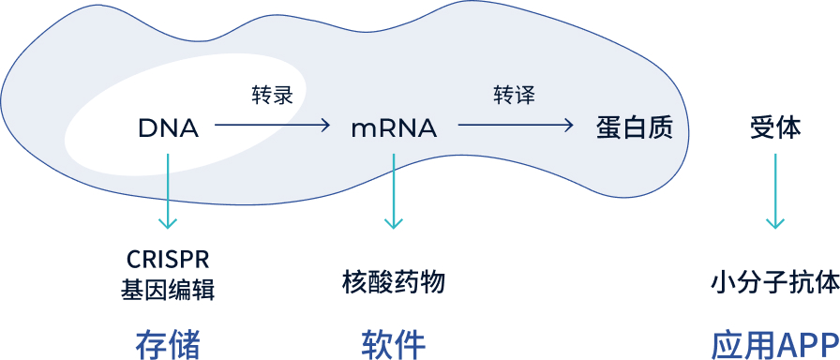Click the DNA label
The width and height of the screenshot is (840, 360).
pos(168,128)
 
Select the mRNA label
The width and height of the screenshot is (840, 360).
pos(394,128)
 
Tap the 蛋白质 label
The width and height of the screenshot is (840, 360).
pos(635,127)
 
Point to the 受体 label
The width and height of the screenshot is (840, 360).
pos(775,127)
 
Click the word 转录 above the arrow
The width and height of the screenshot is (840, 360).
pos(272,96)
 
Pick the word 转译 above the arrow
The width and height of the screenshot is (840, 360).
pos(515,96)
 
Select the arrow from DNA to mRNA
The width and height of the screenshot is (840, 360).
pos(273,125)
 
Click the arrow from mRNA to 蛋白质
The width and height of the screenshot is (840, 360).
pos(515,125)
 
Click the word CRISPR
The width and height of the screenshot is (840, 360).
pos(168,258)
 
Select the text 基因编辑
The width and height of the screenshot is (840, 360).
pos(168,290)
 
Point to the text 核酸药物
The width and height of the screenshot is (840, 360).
pos(394,281)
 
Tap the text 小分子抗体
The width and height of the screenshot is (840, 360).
pos(775,281)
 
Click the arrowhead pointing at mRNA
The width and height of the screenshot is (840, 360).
pos(325,125)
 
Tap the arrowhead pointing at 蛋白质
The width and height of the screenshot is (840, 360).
pos(568,125)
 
